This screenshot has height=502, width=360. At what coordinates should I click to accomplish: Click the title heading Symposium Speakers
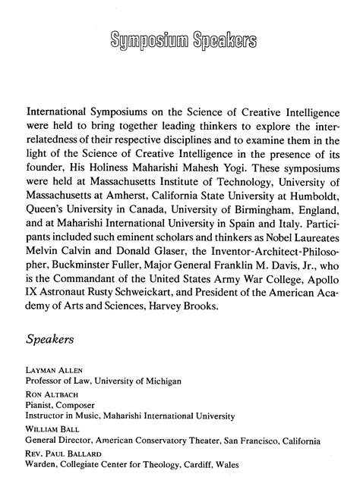(x=179, y=39)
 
